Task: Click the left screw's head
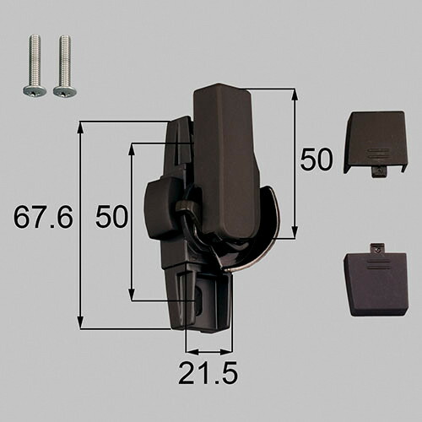click(35, 91)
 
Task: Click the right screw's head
click(65, 91)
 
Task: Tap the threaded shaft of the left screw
click(35, 60)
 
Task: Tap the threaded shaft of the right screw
click(65, 60)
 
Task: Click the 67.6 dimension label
click(43, 217)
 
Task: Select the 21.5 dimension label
click(208, 373)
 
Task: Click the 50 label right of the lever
click(316, 160)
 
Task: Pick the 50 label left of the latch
click(111, 217)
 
